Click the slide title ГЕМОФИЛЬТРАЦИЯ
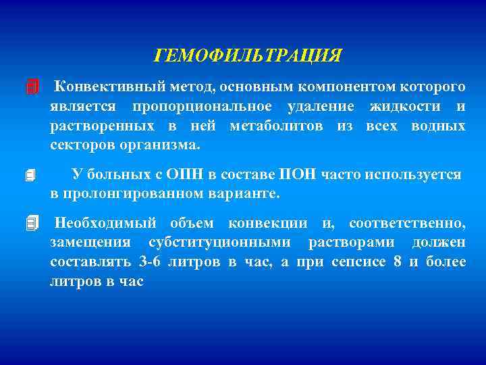[248, 55]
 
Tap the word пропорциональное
[202, 107]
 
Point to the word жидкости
[404, 107]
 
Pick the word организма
[164, 145]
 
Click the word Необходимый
[105, 224]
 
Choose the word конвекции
[267, 224]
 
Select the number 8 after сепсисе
[396, 262]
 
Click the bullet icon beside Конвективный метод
[31, 88]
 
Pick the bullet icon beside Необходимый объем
[31, 223]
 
